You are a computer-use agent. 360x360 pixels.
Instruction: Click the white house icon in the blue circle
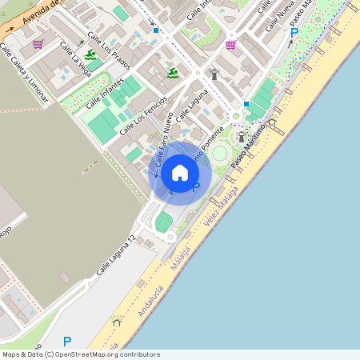coord(180,172)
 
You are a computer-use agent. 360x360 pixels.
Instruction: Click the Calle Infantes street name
coord(101,90)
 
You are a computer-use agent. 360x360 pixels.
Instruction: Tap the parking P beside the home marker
coord(195,187)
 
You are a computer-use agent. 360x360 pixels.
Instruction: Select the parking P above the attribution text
coord(67,341)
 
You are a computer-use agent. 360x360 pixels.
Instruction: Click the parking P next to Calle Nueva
coord(294,33)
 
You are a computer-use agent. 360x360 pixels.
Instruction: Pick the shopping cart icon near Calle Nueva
coord(231,45)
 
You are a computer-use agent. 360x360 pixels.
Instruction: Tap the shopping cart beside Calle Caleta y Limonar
coord(38,44)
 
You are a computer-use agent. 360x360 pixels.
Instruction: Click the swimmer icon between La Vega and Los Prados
coord(90,55)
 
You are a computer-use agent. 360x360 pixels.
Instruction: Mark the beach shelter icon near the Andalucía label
coord(118,322)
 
